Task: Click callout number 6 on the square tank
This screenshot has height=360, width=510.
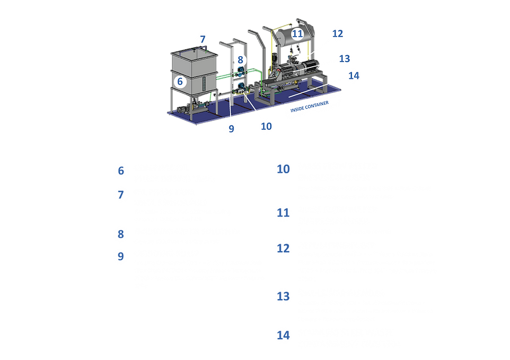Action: [x=180, y=82]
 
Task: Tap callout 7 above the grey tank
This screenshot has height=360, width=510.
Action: [x=203, y=39]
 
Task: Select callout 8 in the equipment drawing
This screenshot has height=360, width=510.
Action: [x=240, y=60]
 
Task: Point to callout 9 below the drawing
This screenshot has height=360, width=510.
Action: [x=231, y=128]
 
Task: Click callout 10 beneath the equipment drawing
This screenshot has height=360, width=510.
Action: [x=266, y=126]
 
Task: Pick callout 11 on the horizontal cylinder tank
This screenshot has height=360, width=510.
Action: [x=297, y=34]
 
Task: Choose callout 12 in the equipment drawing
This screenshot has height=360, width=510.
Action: [x=338, y=33]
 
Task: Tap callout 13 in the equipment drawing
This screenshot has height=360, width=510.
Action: [x=345, y=58]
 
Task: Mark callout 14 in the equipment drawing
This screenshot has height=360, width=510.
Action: [x=354, y=76]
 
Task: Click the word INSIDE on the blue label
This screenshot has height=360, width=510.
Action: [x=299, y=109]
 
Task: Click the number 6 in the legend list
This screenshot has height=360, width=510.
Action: [x=121, y=171]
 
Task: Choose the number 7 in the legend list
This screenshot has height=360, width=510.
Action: [x=121, y=195]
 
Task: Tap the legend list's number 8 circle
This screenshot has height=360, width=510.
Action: [x=121, y=233]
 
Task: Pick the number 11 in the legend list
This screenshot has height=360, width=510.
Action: [x=283, y=213]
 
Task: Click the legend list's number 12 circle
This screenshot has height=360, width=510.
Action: [x=283, y=248]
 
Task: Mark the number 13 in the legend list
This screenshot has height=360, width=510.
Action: [x=283, y=296]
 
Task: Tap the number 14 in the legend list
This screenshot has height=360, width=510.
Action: [x=283, y=335]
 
